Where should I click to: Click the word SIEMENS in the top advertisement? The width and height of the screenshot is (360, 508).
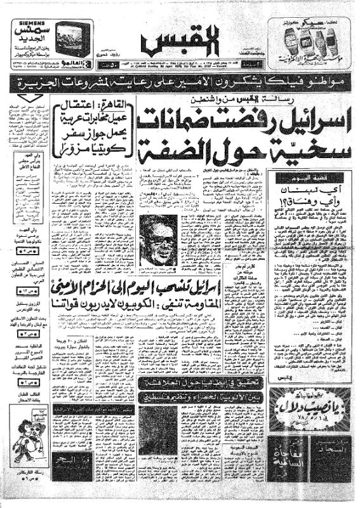(25, 24)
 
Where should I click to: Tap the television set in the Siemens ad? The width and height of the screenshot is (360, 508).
(71, 37)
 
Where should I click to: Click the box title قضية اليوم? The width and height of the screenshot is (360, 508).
(309, 178)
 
